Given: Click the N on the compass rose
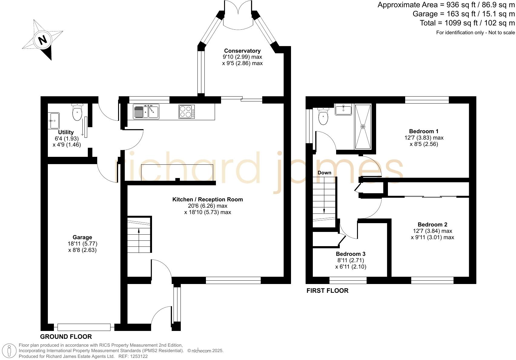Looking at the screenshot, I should coord(43,40).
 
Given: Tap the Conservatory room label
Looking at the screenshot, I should coord(242,51).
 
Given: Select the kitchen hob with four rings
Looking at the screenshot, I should coord(187,111).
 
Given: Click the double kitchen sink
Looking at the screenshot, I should coord(146,111).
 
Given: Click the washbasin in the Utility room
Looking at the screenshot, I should coord(54,121).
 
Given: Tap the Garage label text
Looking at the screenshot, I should coord(82,237).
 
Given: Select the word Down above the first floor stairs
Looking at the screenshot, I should coord(324,173).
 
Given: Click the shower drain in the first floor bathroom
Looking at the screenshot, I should coord(363,126).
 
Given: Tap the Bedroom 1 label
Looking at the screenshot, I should coord(424,131).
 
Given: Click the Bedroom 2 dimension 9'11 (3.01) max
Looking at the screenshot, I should coord(432,237).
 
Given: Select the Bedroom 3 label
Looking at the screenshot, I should coord(351,254).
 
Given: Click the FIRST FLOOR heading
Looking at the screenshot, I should coord(327,291).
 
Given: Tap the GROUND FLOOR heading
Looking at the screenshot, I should coord(66,336).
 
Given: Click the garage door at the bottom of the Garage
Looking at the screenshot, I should coord(84,327).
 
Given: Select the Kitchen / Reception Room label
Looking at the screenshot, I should coord(207,199).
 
